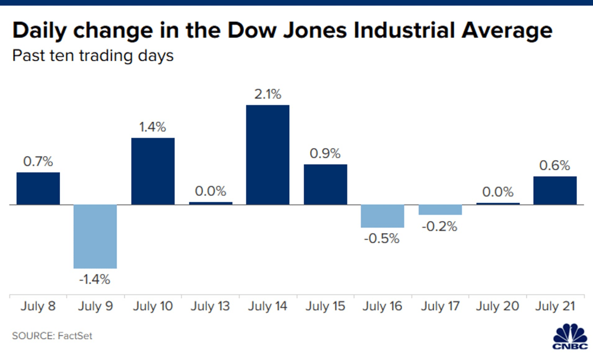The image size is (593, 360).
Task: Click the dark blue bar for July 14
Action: [267, 155]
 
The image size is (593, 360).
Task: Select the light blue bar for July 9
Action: [95, 237]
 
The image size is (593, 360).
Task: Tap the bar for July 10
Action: [152, 171]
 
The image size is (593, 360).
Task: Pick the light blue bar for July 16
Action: [382, 216]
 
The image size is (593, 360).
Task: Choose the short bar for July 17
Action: [440, 210]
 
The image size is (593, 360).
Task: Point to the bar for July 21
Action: [555, 190]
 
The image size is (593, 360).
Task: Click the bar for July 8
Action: [38, 189]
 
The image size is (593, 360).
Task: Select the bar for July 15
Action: [325, 184]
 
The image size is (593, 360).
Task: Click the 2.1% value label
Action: [267, 94]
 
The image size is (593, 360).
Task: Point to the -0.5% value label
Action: [382, 239]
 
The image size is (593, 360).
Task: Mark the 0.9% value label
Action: [325, 153]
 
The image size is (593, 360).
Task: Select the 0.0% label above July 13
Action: [211, 191]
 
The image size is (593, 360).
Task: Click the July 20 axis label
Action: [497, 307]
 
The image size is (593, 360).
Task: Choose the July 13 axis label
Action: [211, 307]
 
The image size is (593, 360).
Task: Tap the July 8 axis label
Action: [38, 307]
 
